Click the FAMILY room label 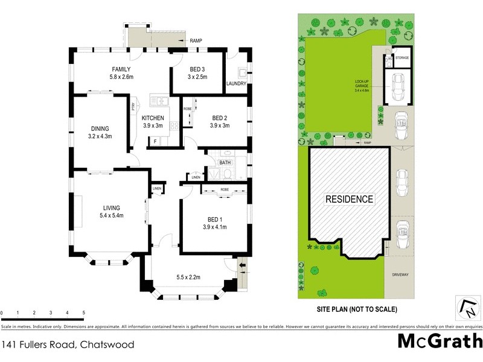[121, 69]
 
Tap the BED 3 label [197, 69]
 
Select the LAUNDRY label [236, 84]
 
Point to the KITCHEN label [153, 117]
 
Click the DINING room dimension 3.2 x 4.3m [100, 136]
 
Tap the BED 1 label [214, 218]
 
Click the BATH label [225, 163]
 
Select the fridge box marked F [156, 141]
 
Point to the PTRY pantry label [133, 107]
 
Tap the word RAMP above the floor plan [196, 40]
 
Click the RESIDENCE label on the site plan [350, 198]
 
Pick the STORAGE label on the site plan [402, 58]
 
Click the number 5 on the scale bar [83, 313]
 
